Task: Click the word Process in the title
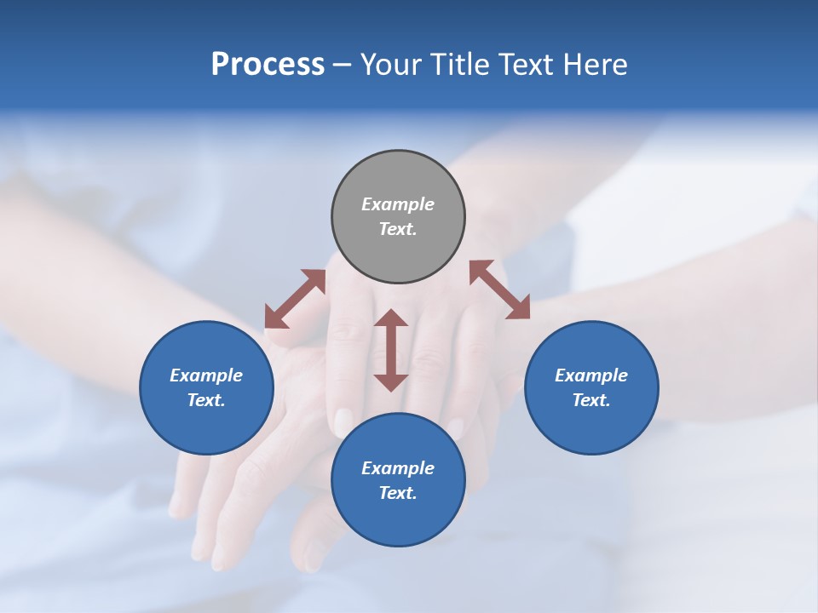(x=268, y=65)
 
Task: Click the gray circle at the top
(x=398, y=170)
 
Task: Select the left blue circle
(x=206, y=426)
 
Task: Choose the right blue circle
(x=591, y=426)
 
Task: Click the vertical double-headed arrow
(x=391, y=350)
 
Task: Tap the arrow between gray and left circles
(x=295, y=298)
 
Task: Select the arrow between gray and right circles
(x=499, y=289)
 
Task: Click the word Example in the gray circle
(x=398, y=204)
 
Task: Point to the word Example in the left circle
(x=206, y=375)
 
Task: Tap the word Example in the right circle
(x=591, y=375)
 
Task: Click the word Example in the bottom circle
(x=398, y=468)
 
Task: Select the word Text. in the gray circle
(x=398, y=229)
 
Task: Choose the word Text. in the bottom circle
(x=398, y=493)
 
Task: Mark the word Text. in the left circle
(x=206, y=400)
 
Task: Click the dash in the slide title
(x=342, y=66)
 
